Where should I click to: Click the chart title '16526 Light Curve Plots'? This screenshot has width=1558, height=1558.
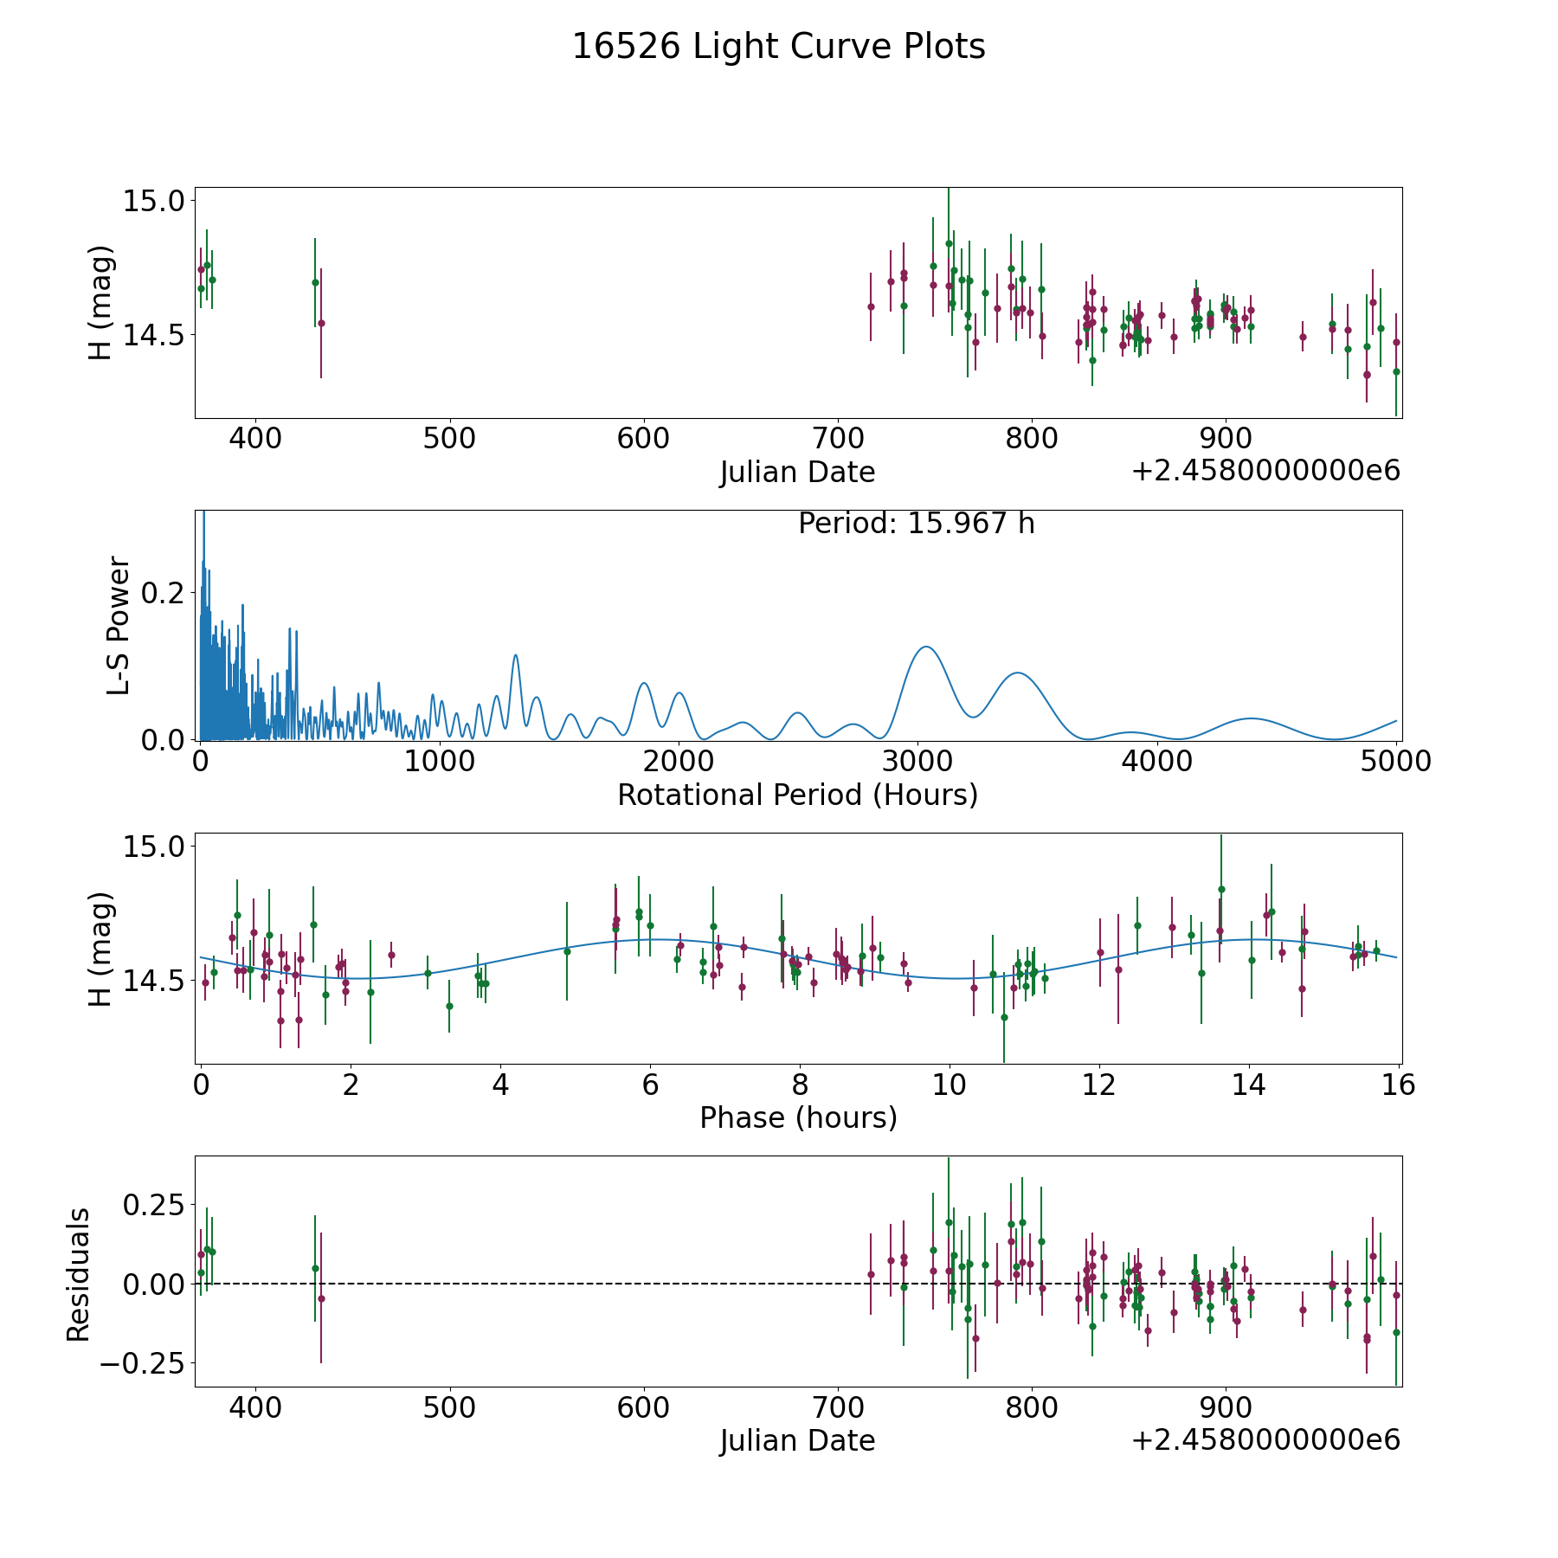tap(778, 47)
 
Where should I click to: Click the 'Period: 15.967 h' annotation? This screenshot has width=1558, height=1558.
tap(916, 524)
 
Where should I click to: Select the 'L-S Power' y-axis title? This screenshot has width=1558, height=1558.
tap(119, 625)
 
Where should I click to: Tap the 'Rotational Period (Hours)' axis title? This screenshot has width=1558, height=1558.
tap(797, 795)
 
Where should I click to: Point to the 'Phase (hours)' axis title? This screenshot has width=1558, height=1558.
tap(797, 1117)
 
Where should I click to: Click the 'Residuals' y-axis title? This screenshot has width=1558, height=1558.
tap(79, 1274)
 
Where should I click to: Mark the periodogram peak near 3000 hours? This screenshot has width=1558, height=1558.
tap(925, 647)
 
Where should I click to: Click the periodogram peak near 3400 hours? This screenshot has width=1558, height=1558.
tap(1018, 673)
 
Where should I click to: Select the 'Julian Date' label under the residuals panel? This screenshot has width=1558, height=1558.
tap(797, 1440)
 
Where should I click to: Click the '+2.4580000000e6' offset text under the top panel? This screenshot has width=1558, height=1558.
tap(1265, 471)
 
